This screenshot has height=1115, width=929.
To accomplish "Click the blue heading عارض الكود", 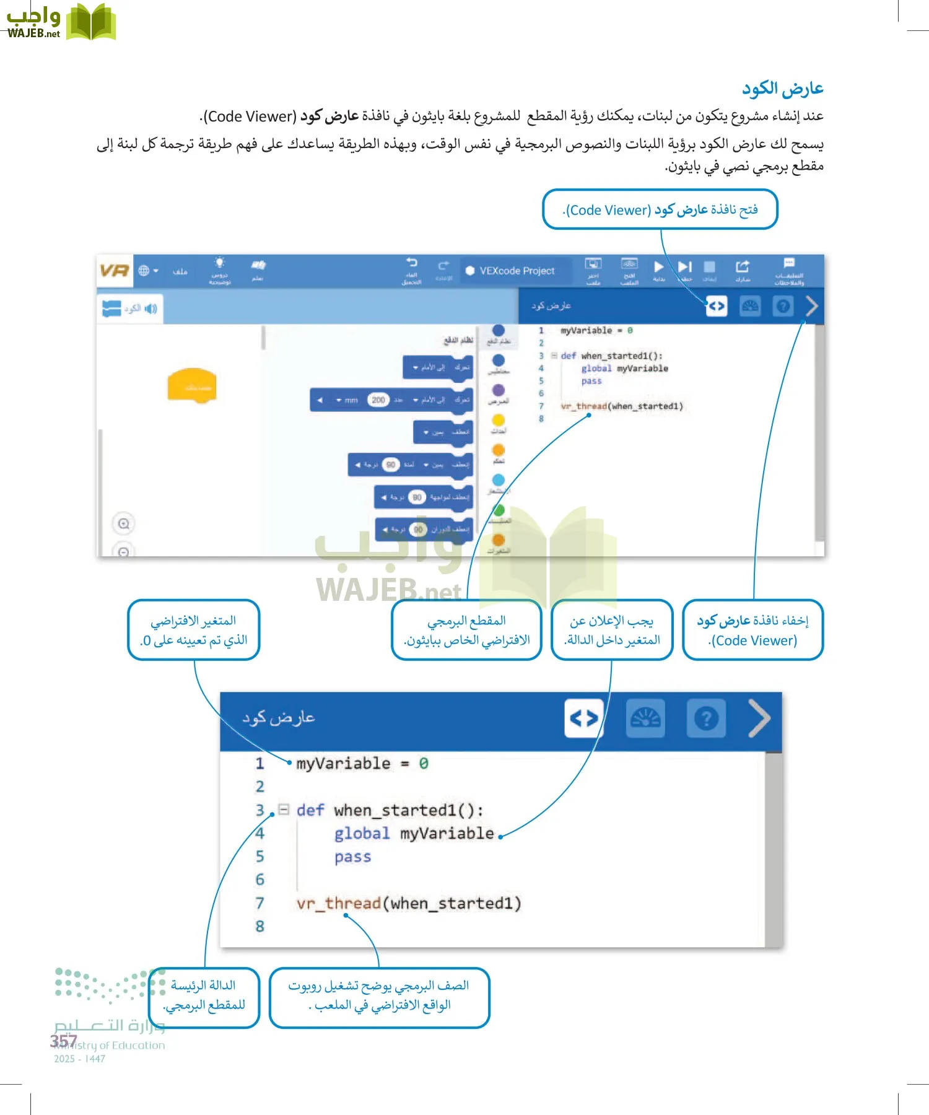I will point(783,89).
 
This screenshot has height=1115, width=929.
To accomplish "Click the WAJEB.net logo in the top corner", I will point(61,22).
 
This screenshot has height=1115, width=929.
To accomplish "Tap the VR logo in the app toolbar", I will point(114,271).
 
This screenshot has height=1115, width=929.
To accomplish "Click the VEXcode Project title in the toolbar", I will point(517,271).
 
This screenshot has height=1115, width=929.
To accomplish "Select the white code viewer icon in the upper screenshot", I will point(716,306).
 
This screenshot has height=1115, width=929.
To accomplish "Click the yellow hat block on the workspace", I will point(192,385).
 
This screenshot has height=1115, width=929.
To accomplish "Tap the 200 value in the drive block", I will point(378,400).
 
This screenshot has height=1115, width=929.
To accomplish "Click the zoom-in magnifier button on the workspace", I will point(124,524).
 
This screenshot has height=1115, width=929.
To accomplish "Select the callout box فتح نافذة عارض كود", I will point(660,209).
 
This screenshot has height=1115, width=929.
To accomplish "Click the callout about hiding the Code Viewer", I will point(752,630).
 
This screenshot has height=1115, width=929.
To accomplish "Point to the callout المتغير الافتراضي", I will point(193,630).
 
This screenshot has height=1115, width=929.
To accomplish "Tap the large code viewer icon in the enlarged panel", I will point(584,719).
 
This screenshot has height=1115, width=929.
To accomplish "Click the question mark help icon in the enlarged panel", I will point(706,719).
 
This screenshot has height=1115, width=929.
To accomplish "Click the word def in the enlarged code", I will point(310,810).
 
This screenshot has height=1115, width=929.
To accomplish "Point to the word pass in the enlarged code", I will point(352,857).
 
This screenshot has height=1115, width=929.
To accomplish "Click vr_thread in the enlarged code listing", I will point(338,904).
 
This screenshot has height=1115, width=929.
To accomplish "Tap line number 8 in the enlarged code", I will point(260,927).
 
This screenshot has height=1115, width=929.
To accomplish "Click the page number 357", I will point(64,1041).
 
